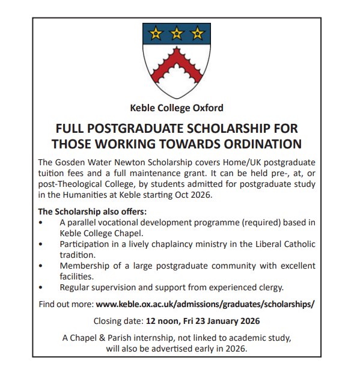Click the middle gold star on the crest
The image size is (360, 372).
[x=176, y=34]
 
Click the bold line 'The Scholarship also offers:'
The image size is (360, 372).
[x=92, y=212]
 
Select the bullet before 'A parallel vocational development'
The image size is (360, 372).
[x=40, y=223]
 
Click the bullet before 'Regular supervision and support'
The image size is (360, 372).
[x=40, y=288]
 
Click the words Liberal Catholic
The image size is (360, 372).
[x=282, y=245]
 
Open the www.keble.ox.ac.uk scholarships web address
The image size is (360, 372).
[x=205, y=305]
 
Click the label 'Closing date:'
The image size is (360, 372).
[x=116, y=321]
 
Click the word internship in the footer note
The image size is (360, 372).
[x=152, y=338]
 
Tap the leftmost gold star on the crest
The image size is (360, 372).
[x=156, y=34]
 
